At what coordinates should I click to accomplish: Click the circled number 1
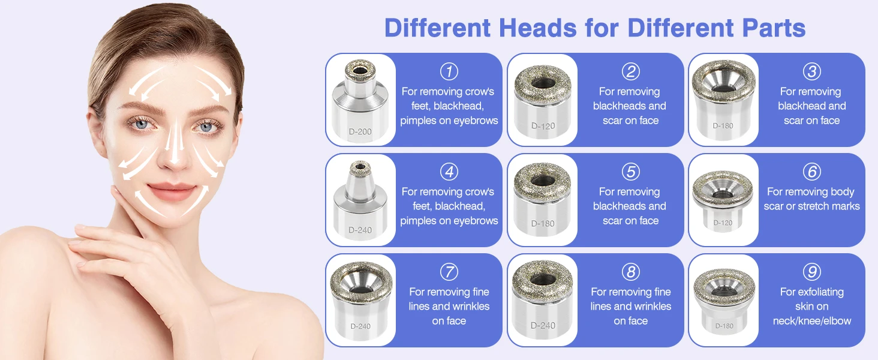(x=449, y=71)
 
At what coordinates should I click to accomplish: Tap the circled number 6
(x=811, y=172)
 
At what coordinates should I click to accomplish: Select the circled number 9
(x=811, y=272)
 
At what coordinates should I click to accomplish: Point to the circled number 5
(x=631, y=172)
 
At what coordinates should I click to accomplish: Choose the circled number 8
(x=631, y=272)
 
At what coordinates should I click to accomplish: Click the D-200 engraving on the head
(x=360, y=132)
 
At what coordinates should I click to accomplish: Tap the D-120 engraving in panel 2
(x=543, y=126)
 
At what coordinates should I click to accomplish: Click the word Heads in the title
(x=537, y=28)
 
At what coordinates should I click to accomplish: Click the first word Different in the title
(x=437, y=28)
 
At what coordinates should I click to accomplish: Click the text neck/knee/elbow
(x=812, y=321)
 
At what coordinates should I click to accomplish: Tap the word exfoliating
(x=822, y=292)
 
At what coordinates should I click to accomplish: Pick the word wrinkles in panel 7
(x=469, y=306)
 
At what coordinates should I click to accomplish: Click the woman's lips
(x=172, y=192)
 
